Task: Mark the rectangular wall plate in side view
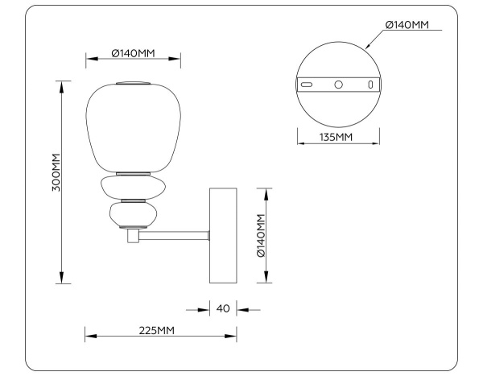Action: tap(223, 235)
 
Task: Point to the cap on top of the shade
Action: tap(134, 82)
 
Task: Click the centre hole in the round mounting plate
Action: tap(338, 84)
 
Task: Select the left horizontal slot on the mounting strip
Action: tap(307, 84)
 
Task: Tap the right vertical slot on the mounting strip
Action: tap(370, 84)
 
